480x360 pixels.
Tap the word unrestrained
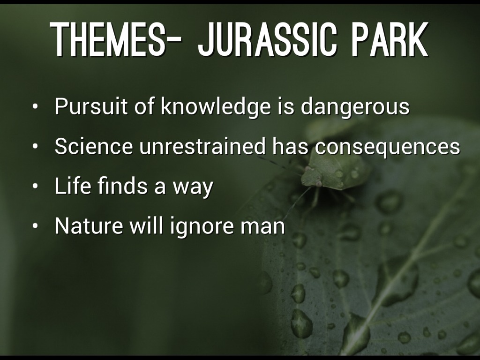click(x=202, y=146)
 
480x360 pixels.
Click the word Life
click(x=73, y=186)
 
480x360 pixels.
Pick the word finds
click(x=122, y=186)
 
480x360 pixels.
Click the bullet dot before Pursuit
click(x=36, y=107)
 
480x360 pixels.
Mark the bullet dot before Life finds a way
click(x=36, y=187)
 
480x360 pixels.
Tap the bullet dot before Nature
click(x=36, y=226)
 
